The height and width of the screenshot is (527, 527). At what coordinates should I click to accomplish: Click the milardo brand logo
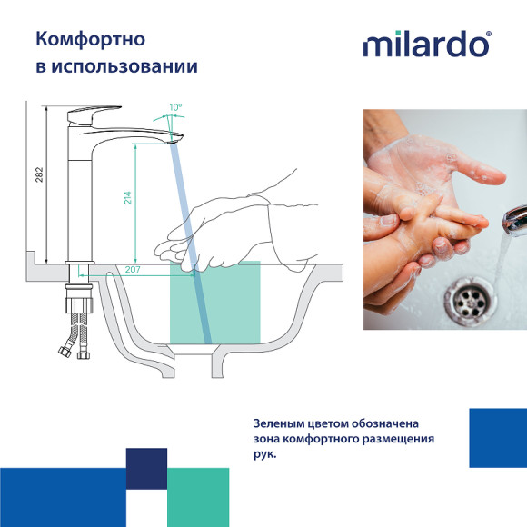425,45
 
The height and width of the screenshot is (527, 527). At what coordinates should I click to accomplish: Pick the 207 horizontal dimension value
132,270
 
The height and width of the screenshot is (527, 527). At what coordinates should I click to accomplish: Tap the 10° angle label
174,108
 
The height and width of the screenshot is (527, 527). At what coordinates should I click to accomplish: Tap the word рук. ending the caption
264,456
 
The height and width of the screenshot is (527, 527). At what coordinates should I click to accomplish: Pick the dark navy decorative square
146,469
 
